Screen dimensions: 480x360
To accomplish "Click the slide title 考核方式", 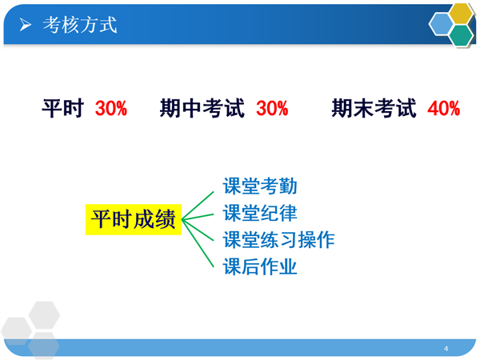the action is coord(80,25).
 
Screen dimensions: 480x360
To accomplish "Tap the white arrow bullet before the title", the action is coord(25,25).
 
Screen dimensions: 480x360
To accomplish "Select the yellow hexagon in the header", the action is coord(461,14).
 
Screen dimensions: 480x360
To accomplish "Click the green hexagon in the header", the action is coord(462,35).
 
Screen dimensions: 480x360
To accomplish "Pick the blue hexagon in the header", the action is coord(441,24).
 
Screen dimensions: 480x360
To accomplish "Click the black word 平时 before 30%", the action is coord(62,108).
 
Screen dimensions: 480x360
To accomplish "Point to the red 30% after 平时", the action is coord(111,108).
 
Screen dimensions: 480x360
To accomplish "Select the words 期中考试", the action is coord(202,108).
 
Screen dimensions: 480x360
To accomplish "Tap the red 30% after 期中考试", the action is coord(272,108).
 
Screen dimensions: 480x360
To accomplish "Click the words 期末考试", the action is coord(374,108).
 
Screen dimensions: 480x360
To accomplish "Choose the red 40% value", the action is coord(443,108).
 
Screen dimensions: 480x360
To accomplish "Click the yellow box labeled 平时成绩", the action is coord(134,219).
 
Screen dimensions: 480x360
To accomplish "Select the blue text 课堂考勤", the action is coord(260,186).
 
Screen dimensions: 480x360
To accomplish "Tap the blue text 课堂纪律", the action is coord(260,213).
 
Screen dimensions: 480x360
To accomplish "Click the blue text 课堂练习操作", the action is coord(278,240).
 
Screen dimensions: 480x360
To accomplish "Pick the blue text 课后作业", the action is coord(260,266).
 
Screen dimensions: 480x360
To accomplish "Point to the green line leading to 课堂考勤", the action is coord(198,206).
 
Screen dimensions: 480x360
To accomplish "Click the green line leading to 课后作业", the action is coord(198,243).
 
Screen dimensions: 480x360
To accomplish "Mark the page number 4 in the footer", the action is coord(446,348).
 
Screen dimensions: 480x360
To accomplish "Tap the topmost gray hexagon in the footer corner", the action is coord(44,315).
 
